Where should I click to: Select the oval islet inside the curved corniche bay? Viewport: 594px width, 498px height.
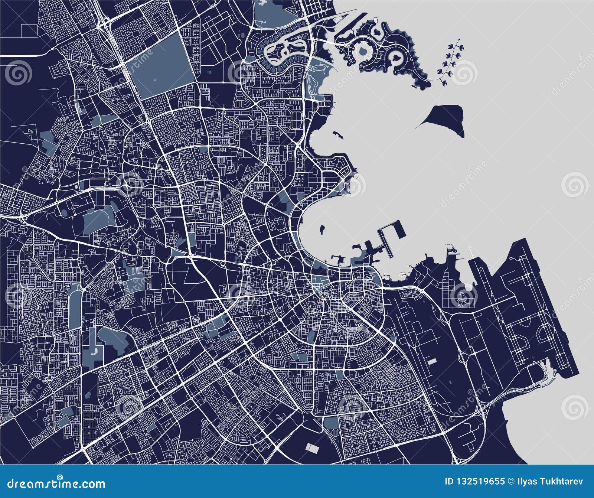pyautogui.click(x=322, y=226)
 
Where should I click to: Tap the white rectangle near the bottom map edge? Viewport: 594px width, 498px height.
pyautogui.click(x=312, y=448)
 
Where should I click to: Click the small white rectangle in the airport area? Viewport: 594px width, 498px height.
pyautogui.click(x=431, y=360)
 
